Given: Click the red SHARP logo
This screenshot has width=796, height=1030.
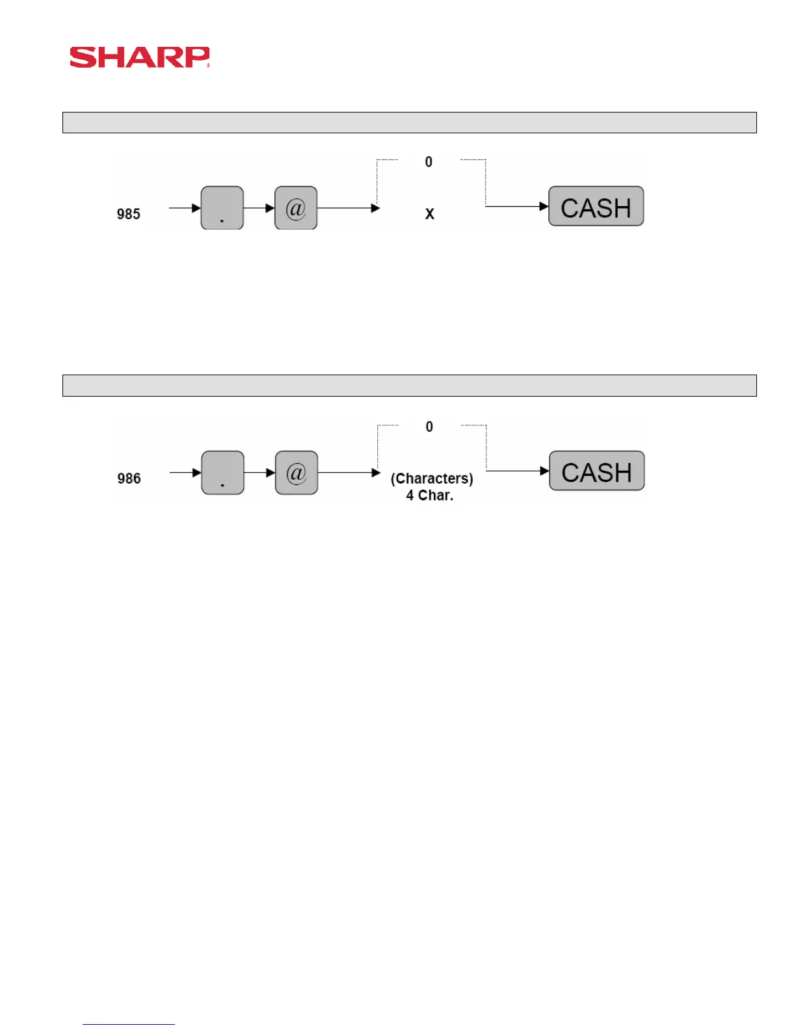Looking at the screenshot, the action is (139, 57).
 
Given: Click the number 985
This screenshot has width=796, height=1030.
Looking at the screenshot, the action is (129, 214).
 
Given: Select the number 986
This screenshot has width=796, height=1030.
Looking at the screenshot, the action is (129, 479).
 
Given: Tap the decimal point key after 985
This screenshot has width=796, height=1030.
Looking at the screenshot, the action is (222, 208).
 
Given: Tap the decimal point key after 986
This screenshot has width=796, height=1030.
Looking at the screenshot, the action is (222, 473).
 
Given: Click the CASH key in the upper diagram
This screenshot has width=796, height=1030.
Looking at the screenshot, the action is (596, 207).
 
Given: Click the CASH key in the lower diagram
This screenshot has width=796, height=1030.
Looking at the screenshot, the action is (596, 471).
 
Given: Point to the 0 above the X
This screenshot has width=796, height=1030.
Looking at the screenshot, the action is (429, 162).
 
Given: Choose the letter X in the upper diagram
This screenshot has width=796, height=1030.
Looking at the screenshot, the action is (429, 214).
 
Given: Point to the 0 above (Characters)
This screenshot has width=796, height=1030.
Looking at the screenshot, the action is (429, 427).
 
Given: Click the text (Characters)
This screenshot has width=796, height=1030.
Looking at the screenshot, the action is (432, 479).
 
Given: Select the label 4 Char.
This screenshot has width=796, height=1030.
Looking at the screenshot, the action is (429, 495).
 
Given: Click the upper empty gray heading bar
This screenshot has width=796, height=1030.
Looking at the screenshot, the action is (409, 122).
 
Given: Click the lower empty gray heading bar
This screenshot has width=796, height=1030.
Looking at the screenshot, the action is (409, 386).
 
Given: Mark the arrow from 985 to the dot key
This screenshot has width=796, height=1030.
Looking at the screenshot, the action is (185, 208).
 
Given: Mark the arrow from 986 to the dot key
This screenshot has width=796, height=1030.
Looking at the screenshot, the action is (185, 473).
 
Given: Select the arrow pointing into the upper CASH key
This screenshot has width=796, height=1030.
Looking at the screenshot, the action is (517, 207).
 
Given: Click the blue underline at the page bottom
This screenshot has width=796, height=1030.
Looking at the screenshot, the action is (129, 1024).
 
